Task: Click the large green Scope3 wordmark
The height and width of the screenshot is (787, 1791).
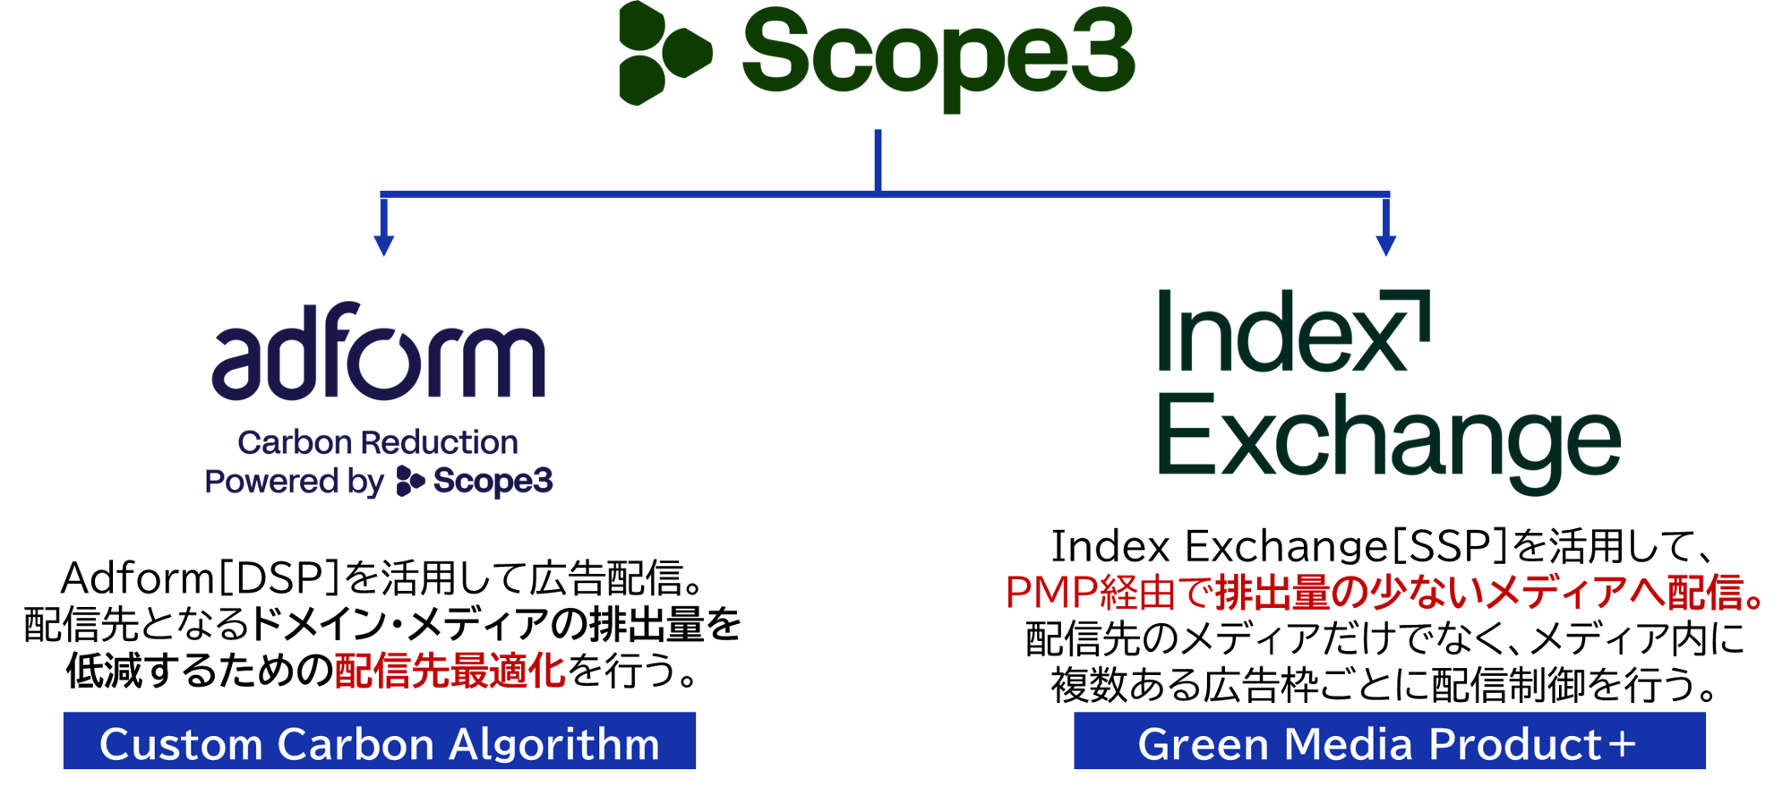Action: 938,54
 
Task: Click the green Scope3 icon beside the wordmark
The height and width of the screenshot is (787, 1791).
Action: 664,54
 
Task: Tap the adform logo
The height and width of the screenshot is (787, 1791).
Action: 378,353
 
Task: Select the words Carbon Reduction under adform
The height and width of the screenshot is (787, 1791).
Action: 378,442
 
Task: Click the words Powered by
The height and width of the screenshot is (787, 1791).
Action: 294,482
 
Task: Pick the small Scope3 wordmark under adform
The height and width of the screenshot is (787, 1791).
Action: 493,482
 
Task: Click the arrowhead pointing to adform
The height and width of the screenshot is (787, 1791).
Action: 384,245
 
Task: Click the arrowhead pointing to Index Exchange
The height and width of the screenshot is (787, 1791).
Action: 1385,245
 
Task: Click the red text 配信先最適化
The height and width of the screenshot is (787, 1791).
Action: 450,671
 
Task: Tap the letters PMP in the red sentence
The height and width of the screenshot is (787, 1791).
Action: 1051,593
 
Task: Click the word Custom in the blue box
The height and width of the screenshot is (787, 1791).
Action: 179,744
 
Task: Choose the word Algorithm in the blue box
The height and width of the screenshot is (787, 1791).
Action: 554,744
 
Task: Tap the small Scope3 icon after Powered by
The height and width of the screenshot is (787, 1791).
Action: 409,481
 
